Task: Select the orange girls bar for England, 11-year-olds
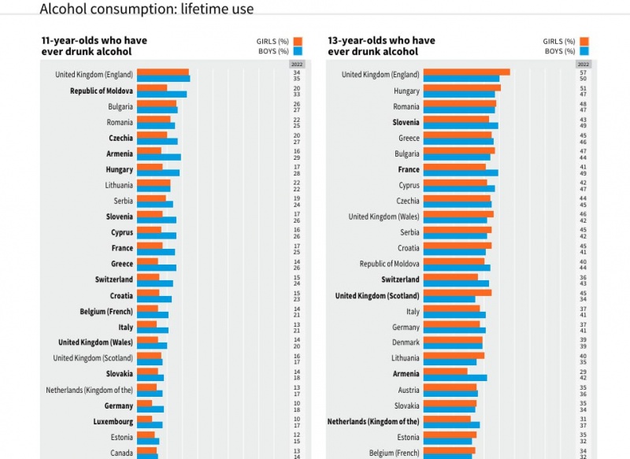[163, 72]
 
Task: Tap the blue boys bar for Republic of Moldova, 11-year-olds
[161, 94]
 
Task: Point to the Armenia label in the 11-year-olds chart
[120, 154]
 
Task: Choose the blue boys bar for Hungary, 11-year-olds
[158, 173]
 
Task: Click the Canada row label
[120, 453]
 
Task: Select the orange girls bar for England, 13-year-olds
[466, 72]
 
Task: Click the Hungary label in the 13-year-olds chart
[406, 91]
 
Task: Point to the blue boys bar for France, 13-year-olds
[461, 173]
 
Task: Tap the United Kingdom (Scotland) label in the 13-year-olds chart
[377, 296]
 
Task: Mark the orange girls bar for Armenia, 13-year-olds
[445, 371]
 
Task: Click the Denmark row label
[406, 343]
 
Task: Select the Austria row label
[409, 391]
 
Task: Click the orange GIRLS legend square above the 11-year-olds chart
[298, 42]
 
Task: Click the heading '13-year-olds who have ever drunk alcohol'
[380, 46]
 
